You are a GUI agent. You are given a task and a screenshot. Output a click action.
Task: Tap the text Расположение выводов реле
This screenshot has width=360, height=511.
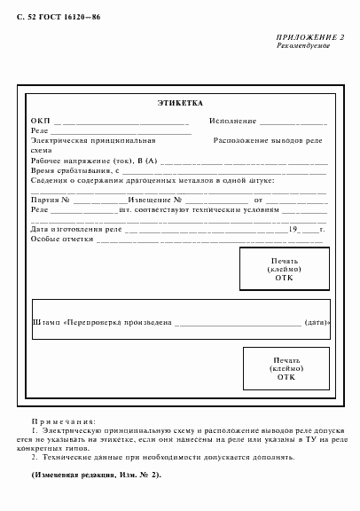(269, 140)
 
